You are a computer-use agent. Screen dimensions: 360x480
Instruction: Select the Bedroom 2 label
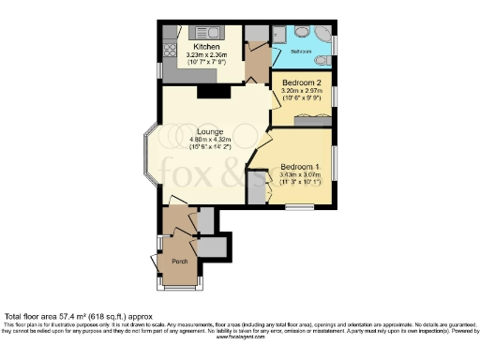302,83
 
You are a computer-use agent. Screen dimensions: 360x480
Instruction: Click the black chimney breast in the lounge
206,92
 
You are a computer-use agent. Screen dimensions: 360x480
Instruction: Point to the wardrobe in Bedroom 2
310,119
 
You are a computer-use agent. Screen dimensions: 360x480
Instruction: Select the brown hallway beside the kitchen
257,61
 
